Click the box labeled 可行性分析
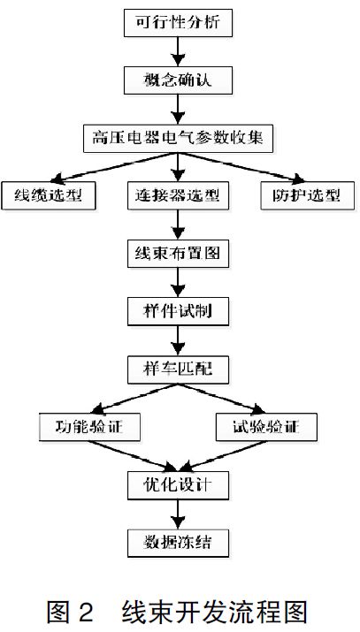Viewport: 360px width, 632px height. tap(180, 23)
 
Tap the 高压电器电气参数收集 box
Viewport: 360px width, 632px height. tap(180, 137)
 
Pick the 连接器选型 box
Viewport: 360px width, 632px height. tap(180, 194)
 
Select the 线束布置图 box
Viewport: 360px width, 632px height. tap(180, 253)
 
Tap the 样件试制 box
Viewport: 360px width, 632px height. tap(180, 311)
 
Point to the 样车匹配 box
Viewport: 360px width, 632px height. tap(180, 369)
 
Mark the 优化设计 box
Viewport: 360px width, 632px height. tap(180, 484)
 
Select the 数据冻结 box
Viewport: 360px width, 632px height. tap(180, 542)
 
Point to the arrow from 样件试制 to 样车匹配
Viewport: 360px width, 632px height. tap(180, 340)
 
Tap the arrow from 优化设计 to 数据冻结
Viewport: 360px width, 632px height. tap(180, 514)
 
